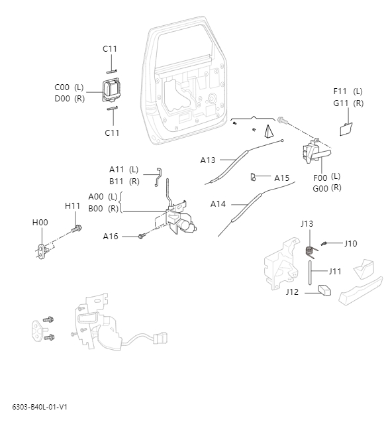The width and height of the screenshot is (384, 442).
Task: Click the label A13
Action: tap(208, 160)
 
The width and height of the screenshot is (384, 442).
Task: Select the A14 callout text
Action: tap(218, 204)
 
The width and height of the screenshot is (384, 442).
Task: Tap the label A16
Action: tap(111, 237)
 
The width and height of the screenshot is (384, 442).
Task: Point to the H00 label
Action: tap(40, 223)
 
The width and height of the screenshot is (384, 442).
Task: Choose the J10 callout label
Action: tap(350, 243)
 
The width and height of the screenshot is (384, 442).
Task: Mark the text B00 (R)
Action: tap(103, 209)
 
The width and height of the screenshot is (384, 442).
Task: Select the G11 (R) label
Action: tap(348, 103)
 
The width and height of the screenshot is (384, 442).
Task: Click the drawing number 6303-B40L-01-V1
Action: tap(40, 407)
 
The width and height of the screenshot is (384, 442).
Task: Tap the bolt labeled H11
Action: tap(77, 229)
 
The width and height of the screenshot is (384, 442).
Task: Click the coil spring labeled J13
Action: tap(309, 250)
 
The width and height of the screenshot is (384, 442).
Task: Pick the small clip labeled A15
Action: tap(254, 177)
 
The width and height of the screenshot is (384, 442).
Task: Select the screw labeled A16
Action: tap(141, 236)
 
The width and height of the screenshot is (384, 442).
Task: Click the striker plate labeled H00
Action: tap(44, 250)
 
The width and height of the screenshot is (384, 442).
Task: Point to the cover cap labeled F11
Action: tap(346, 129)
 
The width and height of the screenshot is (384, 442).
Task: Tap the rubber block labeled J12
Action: tap(325, 290)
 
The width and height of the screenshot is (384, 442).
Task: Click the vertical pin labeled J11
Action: tap(309, 272)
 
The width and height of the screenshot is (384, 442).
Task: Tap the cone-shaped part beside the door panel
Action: tap(270, 131)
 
